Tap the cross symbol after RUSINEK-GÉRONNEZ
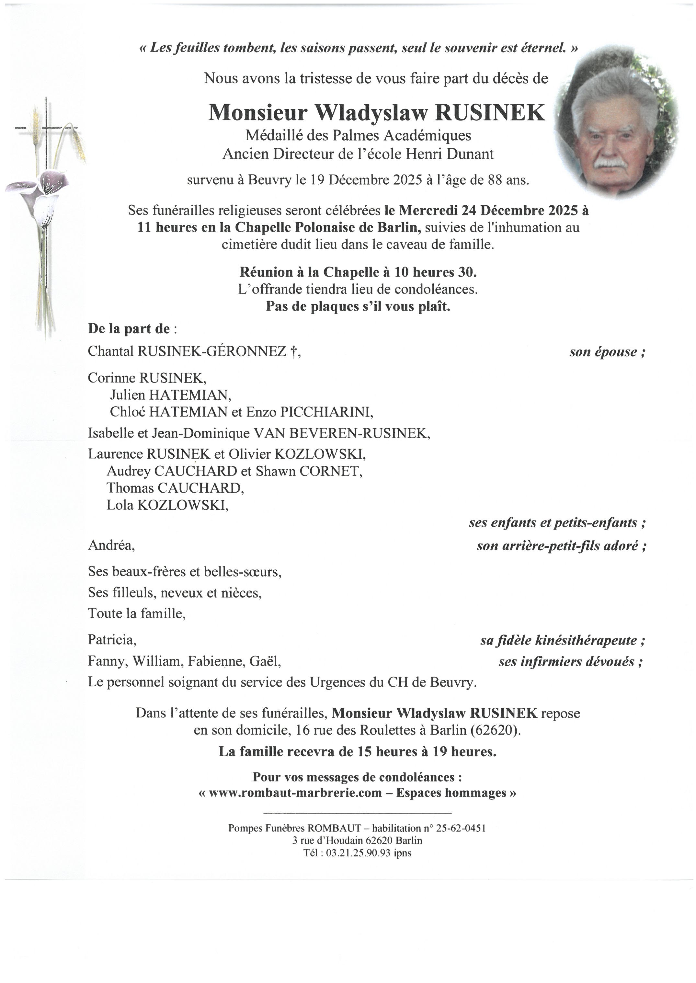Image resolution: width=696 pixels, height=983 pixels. (293, 351)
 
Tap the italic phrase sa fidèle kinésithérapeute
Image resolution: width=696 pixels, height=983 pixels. (562, 641)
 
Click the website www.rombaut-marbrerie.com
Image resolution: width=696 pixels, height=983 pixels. (295, 793)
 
